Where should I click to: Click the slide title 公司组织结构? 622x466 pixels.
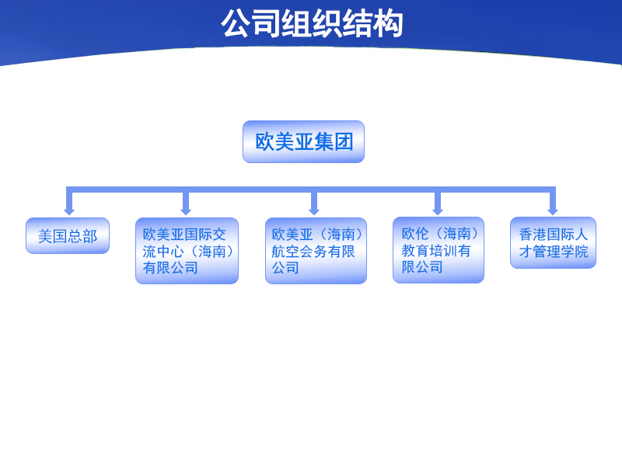312,24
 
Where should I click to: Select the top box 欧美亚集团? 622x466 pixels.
303,141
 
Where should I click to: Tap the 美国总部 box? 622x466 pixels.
68,236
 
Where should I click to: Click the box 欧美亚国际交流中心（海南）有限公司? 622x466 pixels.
187,251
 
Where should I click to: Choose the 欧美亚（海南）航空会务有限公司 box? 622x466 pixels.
316,251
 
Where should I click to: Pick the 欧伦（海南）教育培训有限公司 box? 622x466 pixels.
439,250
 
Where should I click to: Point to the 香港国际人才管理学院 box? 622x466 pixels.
553,242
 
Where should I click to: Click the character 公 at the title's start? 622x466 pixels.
236,24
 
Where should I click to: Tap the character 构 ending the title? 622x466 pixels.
388,24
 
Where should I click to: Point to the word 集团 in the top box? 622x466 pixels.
334,141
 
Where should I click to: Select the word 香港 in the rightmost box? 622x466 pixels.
533,235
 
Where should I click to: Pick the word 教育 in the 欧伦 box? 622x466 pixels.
415,250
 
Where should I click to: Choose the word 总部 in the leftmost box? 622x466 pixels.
82,236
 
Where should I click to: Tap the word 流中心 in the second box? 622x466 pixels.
163,251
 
